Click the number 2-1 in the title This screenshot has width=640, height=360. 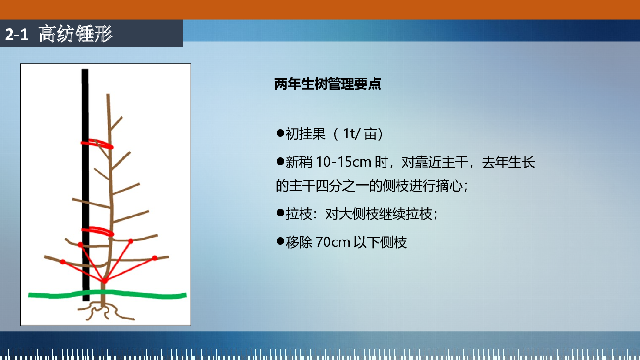[17, 35]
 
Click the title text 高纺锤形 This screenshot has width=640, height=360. [76, 34]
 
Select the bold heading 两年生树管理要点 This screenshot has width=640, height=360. [328, 84]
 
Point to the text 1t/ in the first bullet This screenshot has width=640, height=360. [351, 134]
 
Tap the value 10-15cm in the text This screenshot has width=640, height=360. [344, 162]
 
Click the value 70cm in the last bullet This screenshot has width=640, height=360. [333, 242]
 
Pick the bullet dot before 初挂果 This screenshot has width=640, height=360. [280, 133]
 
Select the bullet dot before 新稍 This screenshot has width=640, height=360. [280, 162]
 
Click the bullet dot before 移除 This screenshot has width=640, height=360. [280, 241]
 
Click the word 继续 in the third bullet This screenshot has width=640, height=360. [392, 214]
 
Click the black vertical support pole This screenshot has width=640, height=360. [85, 185]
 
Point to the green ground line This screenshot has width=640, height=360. [108, 294]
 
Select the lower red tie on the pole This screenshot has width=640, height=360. [97, 231]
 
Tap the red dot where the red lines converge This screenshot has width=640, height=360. [105, 281]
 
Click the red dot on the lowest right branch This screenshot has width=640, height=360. [155, 258]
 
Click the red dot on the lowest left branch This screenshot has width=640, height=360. [62, 262]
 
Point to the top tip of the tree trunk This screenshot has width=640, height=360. [108, 94]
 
